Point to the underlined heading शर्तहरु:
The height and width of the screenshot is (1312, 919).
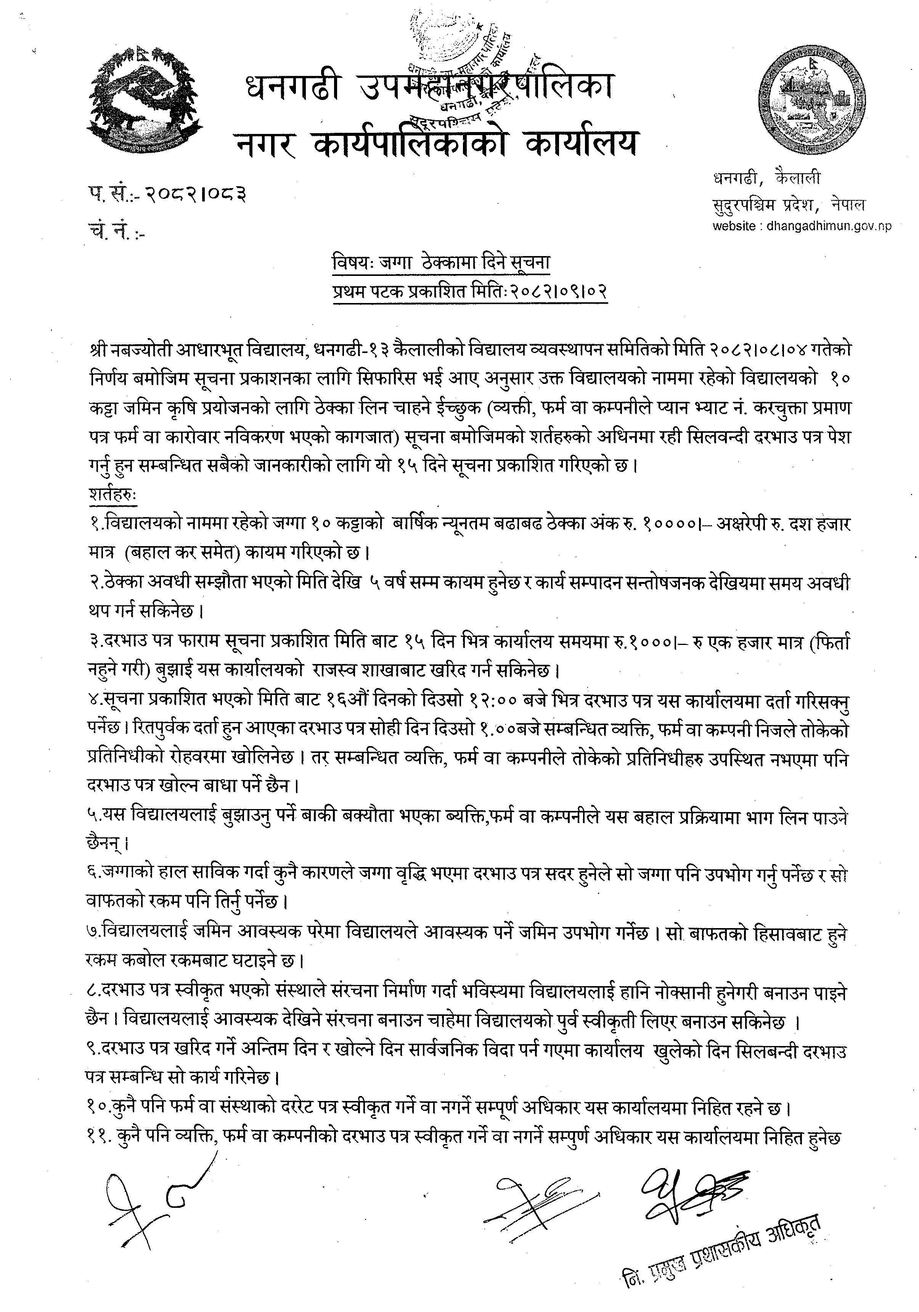pyautogui.click(x=112, y=494)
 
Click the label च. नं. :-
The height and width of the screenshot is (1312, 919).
pyautogui.click(x=117, y=233)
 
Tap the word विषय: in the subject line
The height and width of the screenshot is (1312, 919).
pyautogui.click(x=352, y=262)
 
